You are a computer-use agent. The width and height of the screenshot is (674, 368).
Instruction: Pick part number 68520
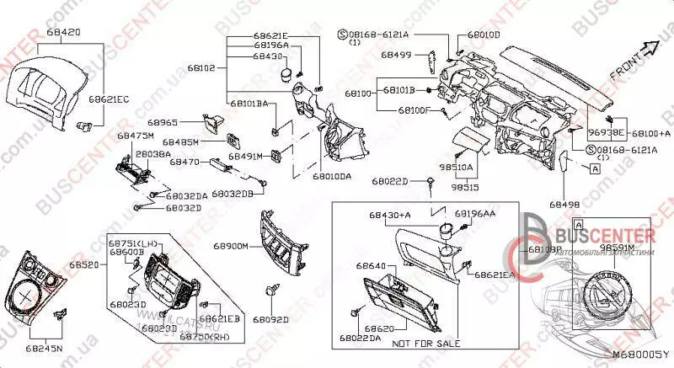pyautogui.click(x=85, y=264)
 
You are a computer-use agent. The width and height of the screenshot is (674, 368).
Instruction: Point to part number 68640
pyautogui.click(x=370, y=266)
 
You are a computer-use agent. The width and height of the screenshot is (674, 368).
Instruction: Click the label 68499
pyautogui.click(x=395, y=54)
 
